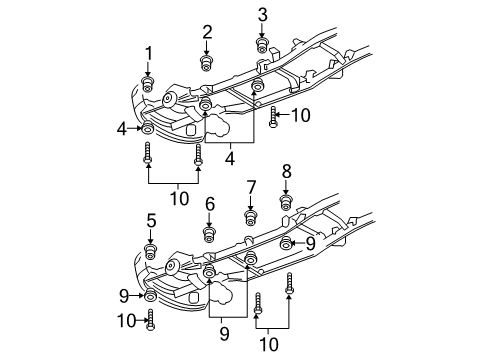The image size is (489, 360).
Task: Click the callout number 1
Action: tap(148, 53)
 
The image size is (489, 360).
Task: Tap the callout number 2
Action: tap(207, 32)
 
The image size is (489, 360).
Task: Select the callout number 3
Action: tap(263, 14)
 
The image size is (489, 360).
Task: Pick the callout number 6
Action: tap(210, 204)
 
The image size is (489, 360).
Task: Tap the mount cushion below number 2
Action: tap(207, 64)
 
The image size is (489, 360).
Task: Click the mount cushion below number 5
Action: tap(151, 253)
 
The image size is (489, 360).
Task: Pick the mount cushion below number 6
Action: tap(210, 235)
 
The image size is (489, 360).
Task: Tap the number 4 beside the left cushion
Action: tap(122, 128)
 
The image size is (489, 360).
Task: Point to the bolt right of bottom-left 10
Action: tap(151, 320)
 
